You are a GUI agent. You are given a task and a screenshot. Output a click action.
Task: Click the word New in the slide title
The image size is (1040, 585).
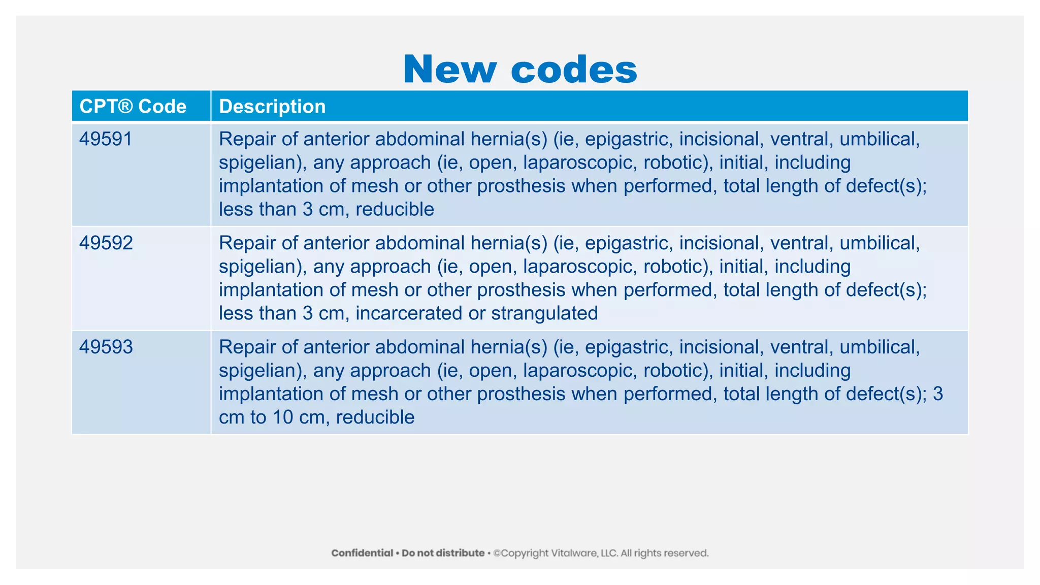[x=449, y=69]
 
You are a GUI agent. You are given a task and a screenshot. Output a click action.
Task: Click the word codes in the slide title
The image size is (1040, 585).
[x=574, y=69]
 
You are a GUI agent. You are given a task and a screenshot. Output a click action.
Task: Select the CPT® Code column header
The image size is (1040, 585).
[x=133, y=106]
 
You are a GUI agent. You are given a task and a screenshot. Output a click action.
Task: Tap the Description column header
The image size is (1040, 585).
[x=272, y=106]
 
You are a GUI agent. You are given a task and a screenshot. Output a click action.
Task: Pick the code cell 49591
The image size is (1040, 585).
[x=106, y=139]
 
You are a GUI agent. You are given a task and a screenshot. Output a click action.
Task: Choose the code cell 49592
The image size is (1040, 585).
[x=106, y=243]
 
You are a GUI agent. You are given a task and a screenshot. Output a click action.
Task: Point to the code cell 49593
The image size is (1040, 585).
[x=106, y=347]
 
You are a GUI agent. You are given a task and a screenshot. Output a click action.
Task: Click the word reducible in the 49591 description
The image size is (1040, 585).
[x=395, y=209]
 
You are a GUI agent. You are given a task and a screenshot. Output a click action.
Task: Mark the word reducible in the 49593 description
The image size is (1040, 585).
[x=375, y=417]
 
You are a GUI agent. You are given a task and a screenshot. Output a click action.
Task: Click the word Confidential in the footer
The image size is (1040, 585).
[x=362, y=553]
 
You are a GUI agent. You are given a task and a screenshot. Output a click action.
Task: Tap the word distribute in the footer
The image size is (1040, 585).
[x=459, y=553]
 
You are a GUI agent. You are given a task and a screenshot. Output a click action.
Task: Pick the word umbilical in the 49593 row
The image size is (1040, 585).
[x=879, y=347]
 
